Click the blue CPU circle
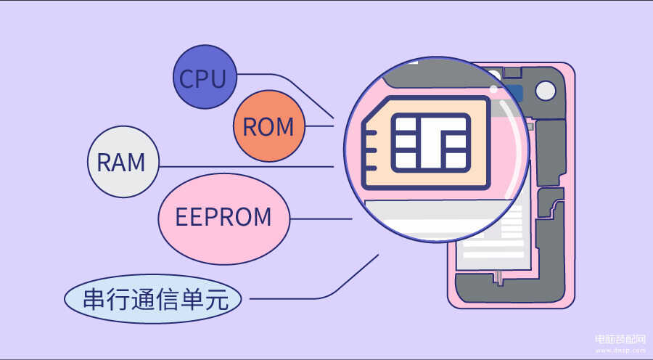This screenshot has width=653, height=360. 205,77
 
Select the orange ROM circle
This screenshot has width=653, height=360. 269,126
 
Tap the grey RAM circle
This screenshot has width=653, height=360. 123,162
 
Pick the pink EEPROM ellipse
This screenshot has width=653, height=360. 224,218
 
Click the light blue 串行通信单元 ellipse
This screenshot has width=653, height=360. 153,299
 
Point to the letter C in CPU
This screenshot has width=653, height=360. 187,78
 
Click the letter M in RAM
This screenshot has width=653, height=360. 136,163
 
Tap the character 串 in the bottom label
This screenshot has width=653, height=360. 94,299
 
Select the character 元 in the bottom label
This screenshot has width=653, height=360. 218,299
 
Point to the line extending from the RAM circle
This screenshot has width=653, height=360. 247,167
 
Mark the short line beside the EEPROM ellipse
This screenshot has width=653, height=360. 321,218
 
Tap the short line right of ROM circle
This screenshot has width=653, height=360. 319,126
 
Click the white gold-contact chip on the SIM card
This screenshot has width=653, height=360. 431,142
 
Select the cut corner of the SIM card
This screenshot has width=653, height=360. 374,109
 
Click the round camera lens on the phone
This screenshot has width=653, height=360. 545,91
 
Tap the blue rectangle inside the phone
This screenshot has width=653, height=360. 513,94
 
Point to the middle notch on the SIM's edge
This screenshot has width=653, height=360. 370,151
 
